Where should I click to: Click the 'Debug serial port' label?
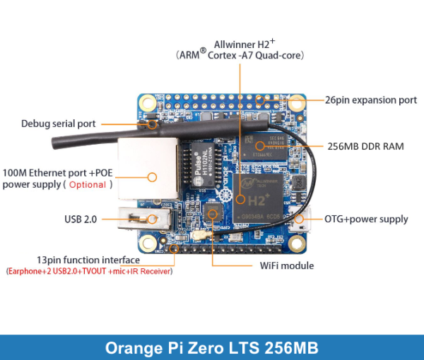pyautogui.click(x=58, y=124)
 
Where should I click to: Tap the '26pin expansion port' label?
pyautogui.click(x=371, y=100)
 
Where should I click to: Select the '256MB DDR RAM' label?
pyautogui.click(x=365, y=147)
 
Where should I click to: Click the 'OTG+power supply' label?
pyautogui.click(x=366, y=219)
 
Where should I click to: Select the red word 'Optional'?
pyautogui.click(x=88, y=185)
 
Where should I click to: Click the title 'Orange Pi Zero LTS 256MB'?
pyautogui.click(x=212, y=347)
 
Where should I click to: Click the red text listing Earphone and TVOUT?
pyautogui.click(x=90, y=271)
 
